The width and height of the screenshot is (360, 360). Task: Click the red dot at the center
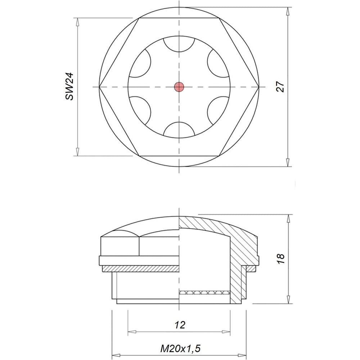(179, 87)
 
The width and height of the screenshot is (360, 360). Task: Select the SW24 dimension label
(69, 86)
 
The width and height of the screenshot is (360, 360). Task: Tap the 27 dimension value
(280, 86)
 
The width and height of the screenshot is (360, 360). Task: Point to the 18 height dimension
(280, 258)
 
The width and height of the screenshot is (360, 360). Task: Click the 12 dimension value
(180, 325)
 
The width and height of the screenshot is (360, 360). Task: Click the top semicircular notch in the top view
(179, 45)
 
